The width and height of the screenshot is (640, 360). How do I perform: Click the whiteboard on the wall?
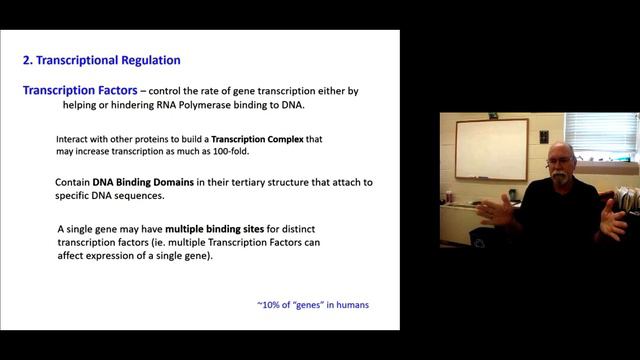pyautogui.click(x=491, y=148)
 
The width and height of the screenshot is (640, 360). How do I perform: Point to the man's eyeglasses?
pyautogui.click(x=561, y=159)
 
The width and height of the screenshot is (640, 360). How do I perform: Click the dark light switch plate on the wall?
pyautogui.click(x=544, y=136)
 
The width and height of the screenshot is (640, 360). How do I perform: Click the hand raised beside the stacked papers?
pyautogui.click(x=612, y=217)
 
